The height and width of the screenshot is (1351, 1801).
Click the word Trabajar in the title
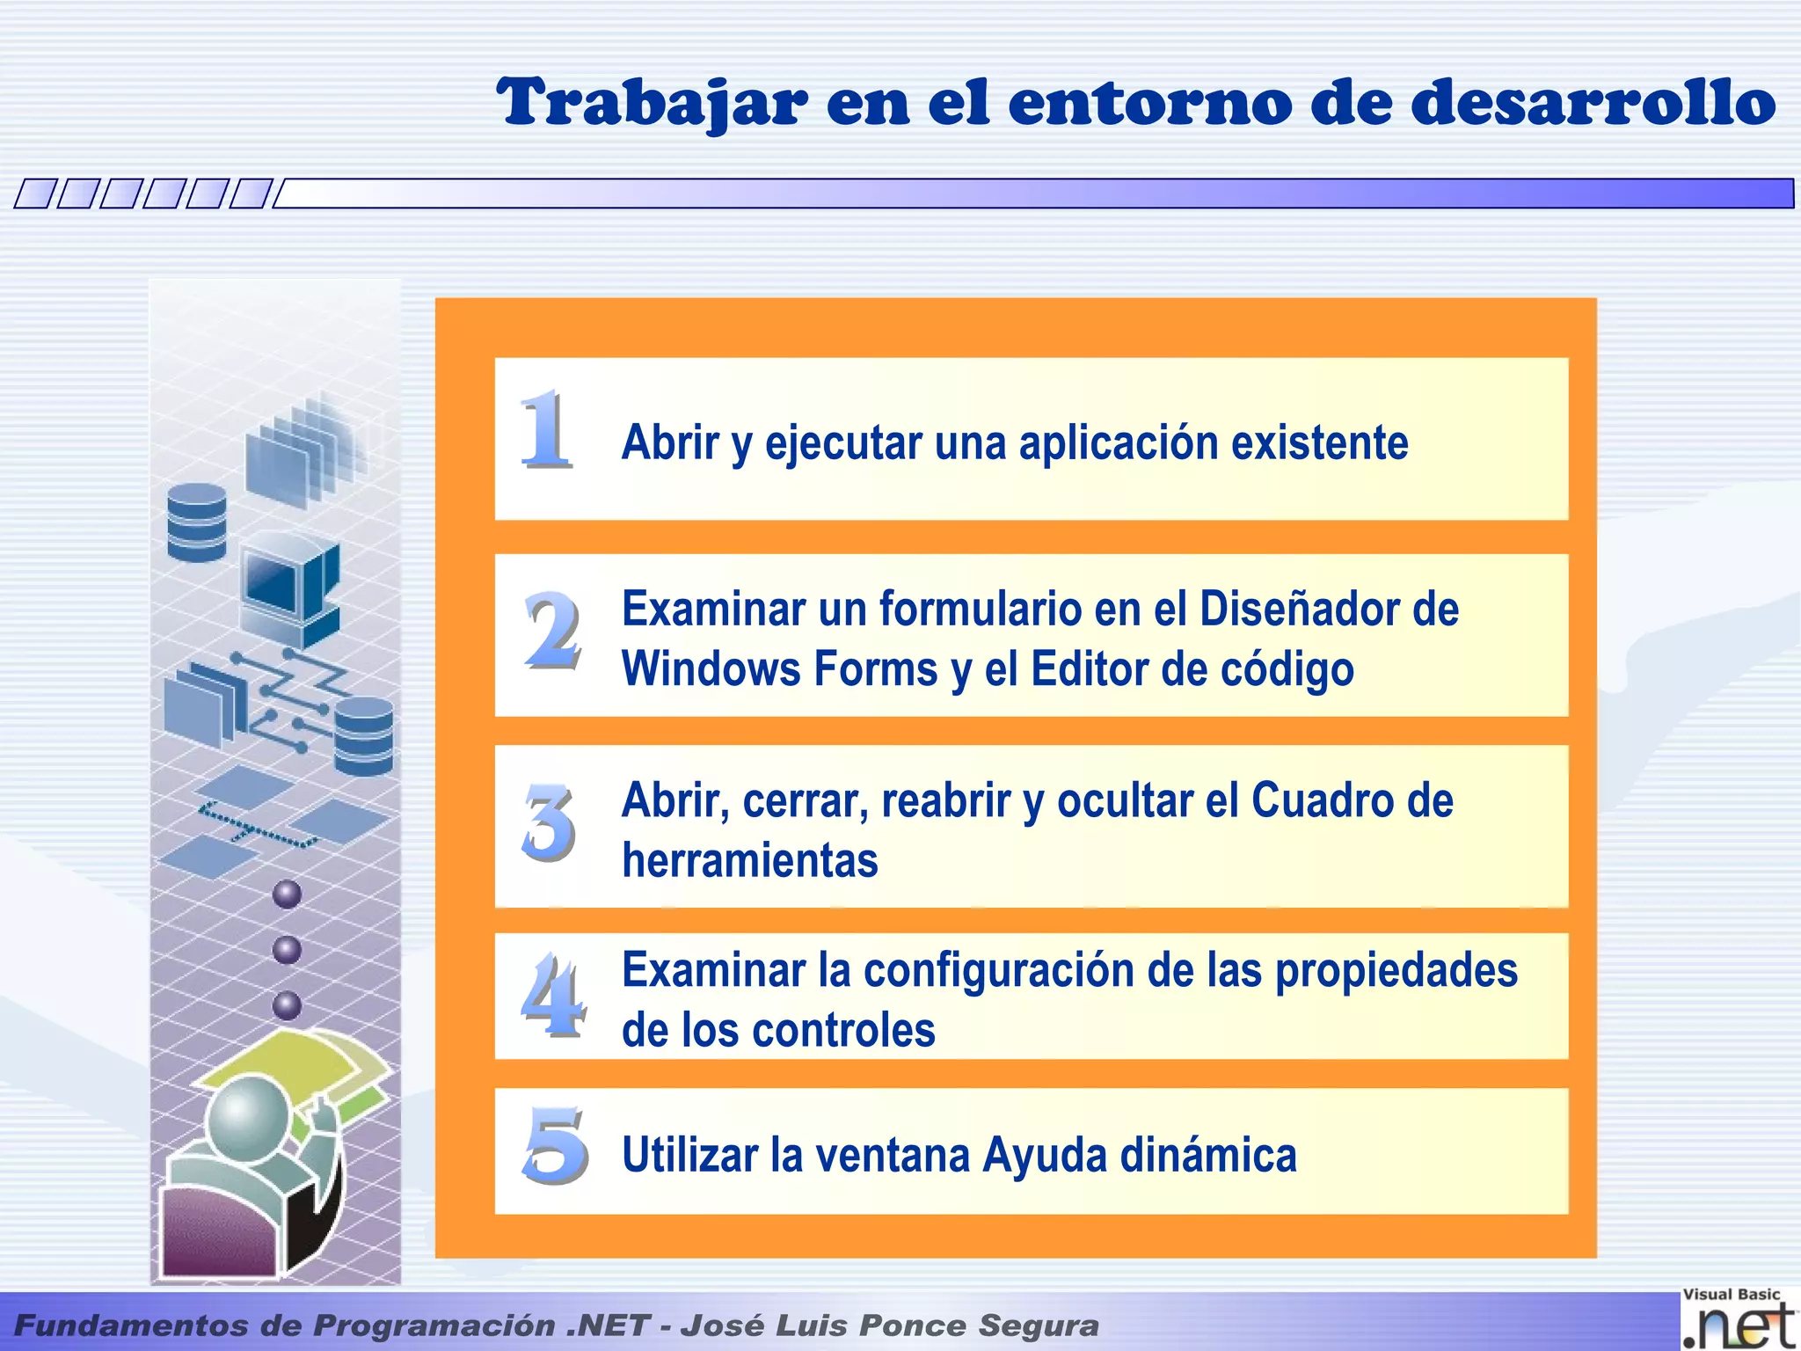tap(652, 103)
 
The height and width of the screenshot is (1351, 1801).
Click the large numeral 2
tap(552, 630)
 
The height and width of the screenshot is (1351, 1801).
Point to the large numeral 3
tap(550, 823)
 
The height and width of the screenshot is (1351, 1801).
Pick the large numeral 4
tap(552, 995)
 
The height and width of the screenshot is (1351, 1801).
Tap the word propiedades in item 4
tap(1396, 970)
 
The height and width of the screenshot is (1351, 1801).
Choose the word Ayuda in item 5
tap(1044, 1155)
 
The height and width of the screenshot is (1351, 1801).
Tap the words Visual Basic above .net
tap(1731, 1295)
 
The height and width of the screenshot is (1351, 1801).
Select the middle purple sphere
tap(287, 950)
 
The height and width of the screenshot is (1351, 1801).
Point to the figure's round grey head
tap(248, 1117)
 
